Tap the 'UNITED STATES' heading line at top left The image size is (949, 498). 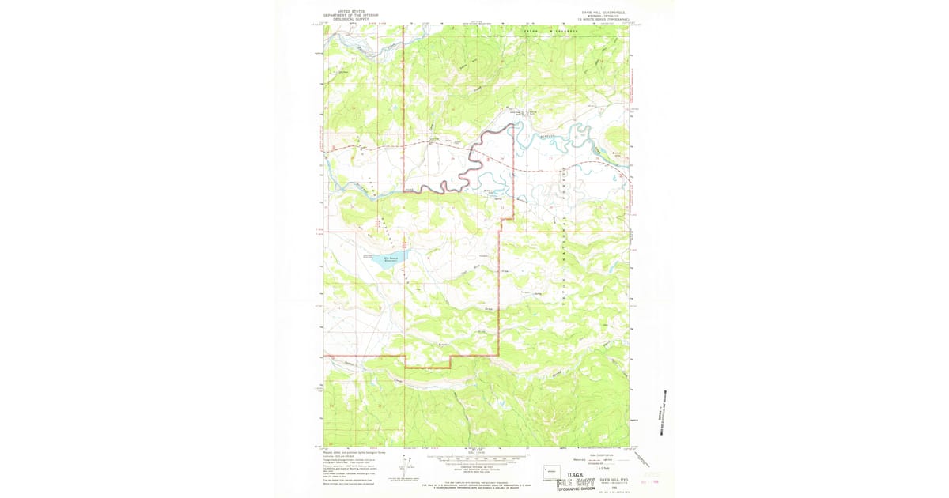click(351, 11)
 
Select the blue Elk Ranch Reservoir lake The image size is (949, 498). click(391, 260)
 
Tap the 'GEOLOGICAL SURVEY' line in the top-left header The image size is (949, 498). click(351, 21)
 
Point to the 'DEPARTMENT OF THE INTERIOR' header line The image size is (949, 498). click(351, 16)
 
